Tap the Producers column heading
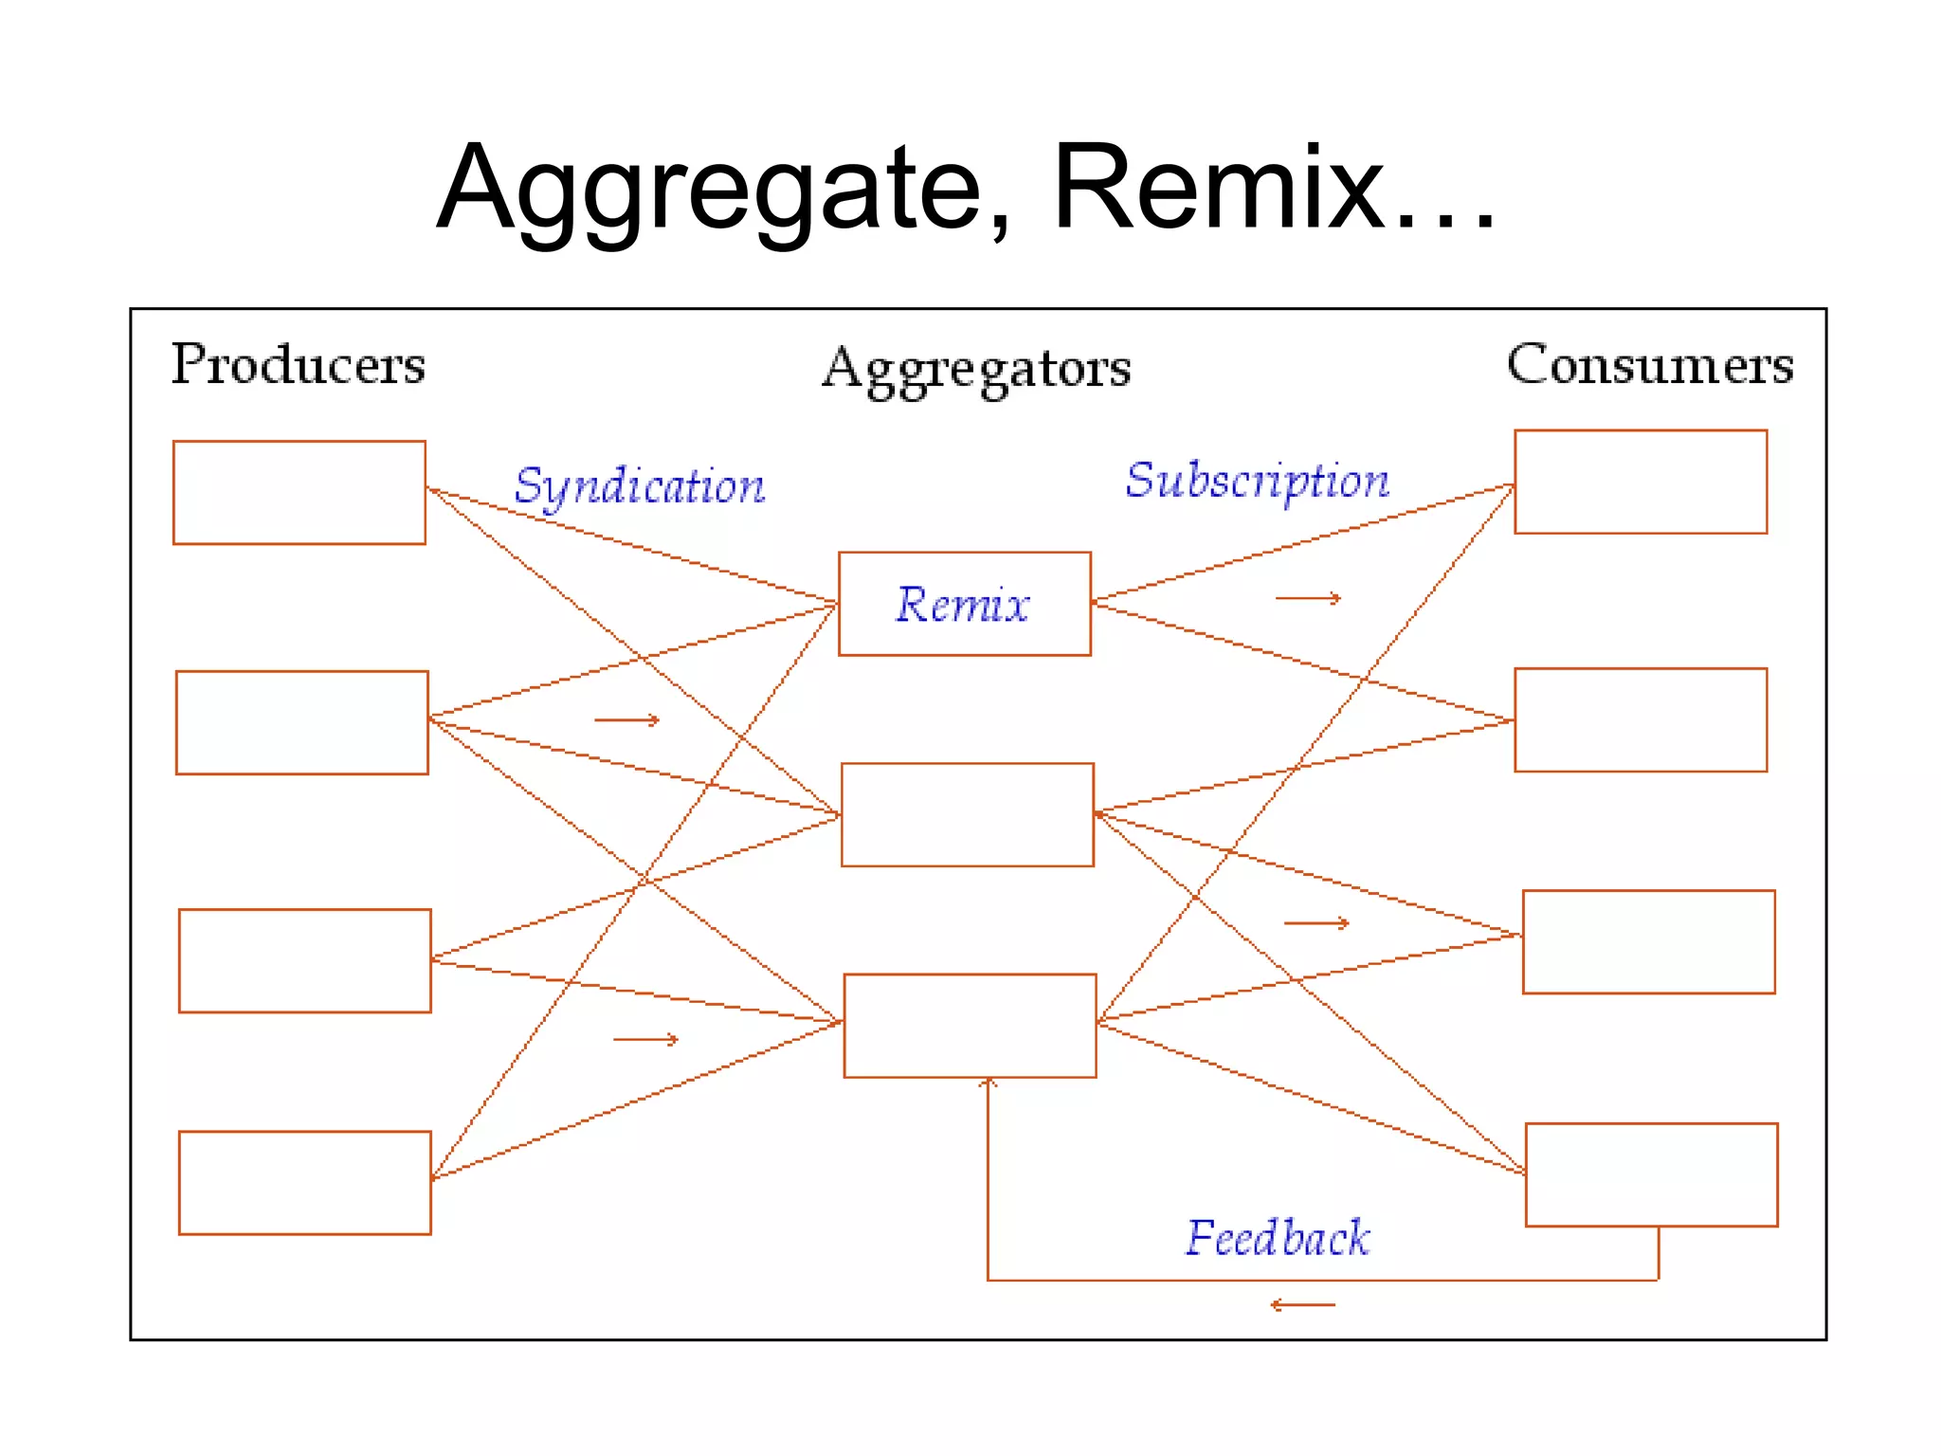[x=299, y=365]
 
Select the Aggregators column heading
[x=976, y=370]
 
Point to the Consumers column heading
[x=1649, y=365]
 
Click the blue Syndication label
[x=640, y=487]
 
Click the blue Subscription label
[x=1257, y=481]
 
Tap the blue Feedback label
[x=1278, y=1238]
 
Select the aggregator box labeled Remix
[x=964, y=604]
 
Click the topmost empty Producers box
[x=299, y=492]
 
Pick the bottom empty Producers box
[x=304, y=1182]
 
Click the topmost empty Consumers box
[x=1640, y=482]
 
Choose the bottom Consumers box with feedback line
[x=1651, y=1174]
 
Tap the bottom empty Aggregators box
[x=970, y=1026]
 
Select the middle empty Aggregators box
[x=967, y=814]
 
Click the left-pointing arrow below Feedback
[x=1302, y=1305]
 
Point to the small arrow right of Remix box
[x=1308, y=598]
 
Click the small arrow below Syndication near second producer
[x=626, y=720]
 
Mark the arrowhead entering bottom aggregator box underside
[x=989, y=1082]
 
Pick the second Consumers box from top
[x=1640, y=719]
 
